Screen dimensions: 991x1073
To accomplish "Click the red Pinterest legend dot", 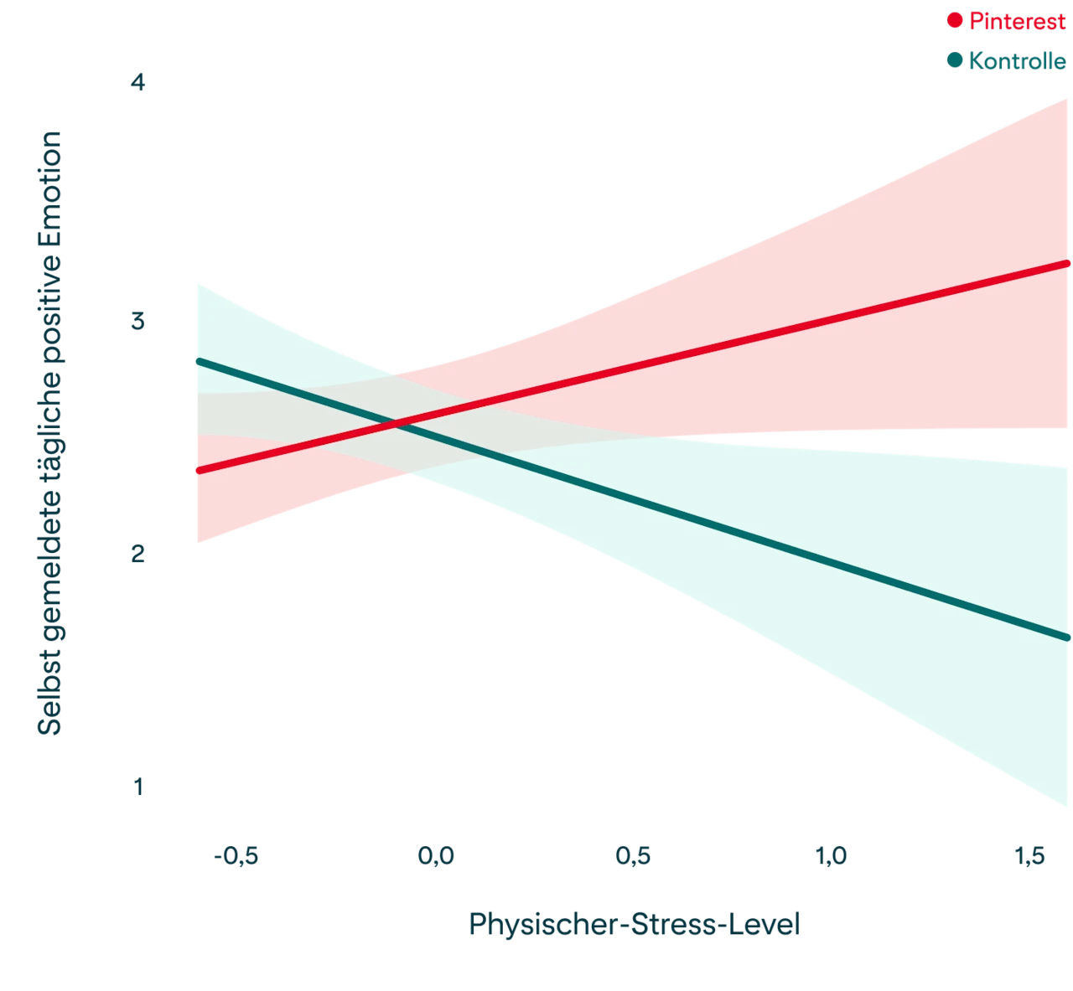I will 955,21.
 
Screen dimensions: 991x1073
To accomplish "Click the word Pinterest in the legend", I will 1017,22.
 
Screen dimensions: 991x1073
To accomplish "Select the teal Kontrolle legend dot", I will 955,61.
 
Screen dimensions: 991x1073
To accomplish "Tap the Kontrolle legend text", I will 1017,61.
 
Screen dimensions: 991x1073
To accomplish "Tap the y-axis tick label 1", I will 138,787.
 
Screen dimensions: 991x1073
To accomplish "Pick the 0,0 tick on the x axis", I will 437,856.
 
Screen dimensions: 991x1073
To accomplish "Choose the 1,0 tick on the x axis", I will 832,856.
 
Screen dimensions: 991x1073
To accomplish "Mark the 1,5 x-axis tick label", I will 1029,856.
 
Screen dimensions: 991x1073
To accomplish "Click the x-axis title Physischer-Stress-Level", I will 635,926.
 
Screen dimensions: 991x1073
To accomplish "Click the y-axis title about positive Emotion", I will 49,432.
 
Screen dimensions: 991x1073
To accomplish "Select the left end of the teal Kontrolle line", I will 198,361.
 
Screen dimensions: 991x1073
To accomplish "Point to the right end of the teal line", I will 1068,638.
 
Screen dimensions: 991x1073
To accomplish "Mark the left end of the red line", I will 198,472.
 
